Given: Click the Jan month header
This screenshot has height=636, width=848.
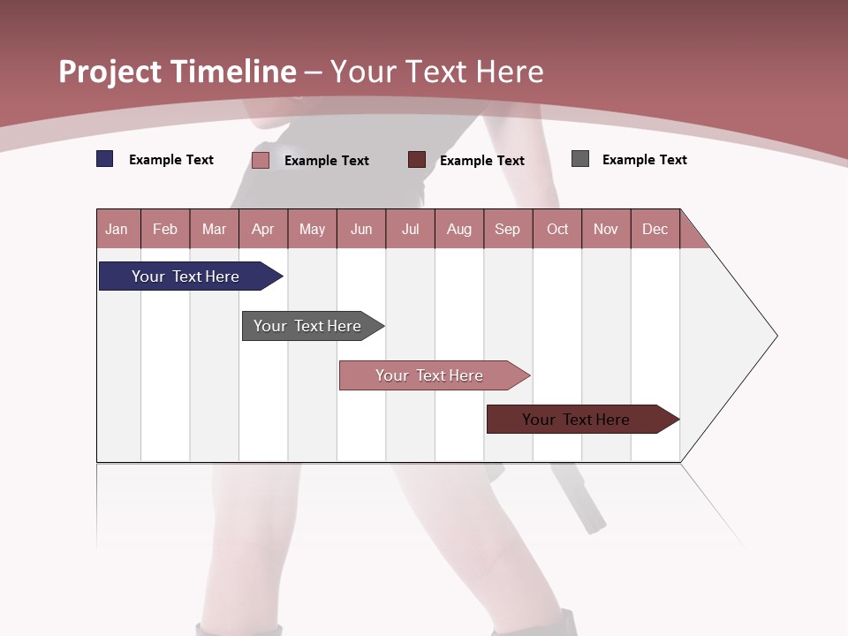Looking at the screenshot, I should click(x=117, y=229).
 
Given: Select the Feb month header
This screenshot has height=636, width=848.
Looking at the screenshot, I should click(x=165, y=229).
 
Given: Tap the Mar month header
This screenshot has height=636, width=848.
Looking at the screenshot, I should click(x=214, y=229).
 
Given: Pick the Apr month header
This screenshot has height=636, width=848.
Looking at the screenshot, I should click(x=263, y=229).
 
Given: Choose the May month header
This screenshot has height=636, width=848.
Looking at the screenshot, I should click(x=312, y=229).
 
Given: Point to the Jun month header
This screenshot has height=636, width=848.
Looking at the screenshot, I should click(x=361, y=229).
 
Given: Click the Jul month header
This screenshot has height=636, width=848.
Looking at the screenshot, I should click(x=411, y=229).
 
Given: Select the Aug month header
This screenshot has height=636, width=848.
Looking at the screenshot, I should click(x=459, y=229).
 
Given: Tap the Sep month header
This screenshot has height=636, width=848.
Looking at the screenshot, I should click(x=508, y=229).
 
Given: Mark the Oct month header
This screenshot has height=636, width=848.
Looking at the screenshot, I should click(x=557, y=229).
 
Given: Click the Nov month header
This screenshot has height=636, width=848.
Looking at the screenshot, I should click(x=606, y=229).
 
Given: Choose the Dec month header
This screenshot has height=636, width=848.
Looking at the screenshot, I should click(x=655, y=229).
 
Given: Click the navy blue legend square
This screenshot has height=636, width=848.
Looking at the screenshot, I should click(x=105, y=159).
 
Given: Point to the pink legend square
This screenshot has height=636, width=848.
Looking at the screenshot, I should click(x=261, y=160).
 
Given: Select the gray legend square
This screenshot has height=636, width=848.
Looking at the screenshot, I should click(x=580, y=159).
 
